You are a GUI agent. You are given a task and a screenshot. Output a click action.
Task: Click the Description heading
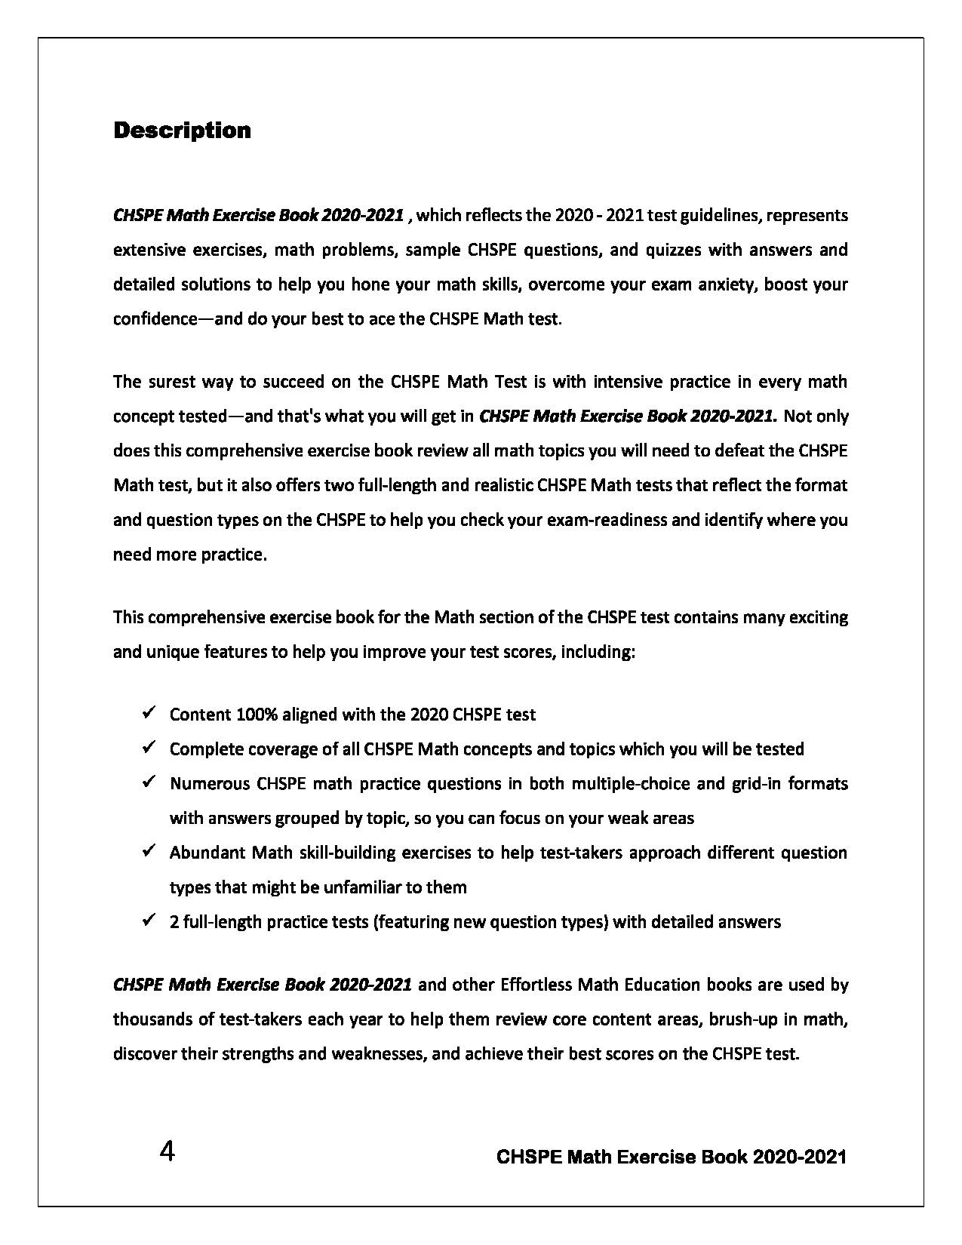coord(182,131)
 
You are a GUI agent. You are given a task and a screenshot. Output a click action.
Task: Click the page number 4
coord(168,1152)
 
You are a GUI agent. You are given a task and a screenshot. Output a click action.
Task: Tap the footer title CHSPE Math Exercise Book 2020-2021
coord(672,1157)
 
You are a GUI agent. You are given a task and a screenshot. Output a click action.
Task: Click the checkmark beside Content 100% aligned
coord(149,712)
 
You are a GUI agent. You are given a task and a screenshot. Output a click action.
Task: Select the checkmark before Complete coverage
coord(149,746)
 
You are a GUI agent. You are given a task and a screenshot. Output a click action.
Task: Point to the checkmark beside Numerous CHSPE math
coord(149,781)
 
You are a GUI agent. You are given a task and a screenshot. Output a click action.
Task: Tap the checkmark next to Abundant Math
coord(149,850)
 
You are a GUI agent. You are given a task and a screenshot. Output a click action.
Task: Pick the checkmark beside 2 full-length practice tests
coord(149,920)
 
